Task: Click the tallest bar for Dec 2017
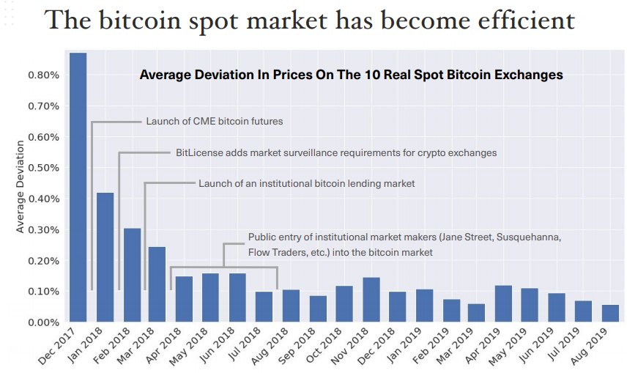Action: (x=78, y=188)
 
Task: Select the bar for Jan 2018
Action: (x=105, y=257)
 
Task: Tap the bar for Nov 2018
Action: (x=371, y=300)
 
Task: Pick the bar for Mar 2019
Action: (x=476, y=313)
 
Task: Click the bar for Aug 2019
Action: (x=610, y=314)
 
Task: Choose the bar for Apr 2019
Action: (x=503, y=304)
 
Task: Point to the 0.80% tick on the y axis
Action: (x=44, y=75)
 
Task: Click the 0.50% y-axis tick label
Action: (x=44, y=168)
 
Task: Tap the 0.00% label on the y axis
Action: (x=44, y=322)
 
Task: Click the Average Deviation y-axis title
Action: (x=20, y=187)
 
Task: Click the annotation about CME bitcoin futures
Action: (x=215, y=121)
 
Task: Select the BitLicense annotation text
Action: (x=336, y=153)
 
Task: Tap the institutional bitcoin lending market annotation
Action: (x=307, y=184)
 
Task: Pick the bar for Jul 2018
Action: (x=264, y=307)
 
